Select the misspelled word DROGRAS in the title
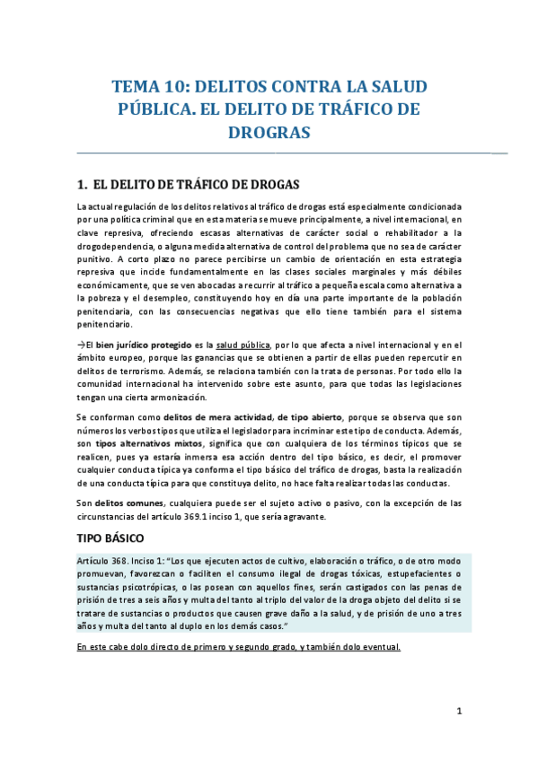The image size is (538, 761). pos(269,133)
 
